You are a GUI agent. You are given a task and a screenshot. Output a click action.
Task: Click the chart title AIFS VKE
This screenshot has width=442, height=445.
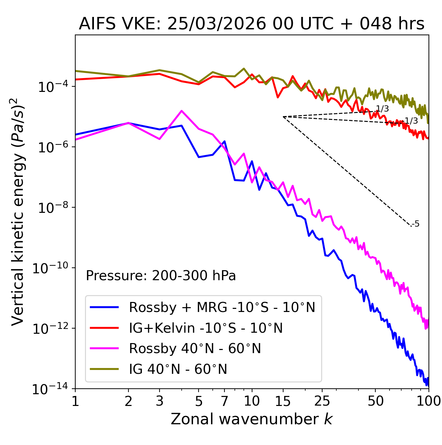click(x=251, y=24)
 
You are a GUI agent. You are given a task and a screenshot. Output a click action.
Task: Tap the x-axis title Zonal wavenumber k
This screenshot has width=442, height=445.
click(x=251, y=419)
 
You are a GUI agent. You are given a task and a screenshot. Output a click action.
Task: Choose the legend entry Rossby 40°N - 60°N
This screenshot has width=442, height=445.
click(x=195, y=349)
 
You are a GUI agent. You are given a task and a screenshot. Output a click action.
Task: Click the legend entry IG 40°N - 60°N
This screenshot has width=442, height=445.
click(x=178, y=369)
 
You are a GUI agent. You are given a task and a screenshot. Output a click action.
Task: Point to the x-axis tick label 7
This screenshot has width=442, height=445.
click(x=224, y=401)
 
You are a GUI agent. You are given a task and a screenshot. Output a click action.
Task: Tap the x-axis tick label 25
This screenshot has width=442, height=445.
click(x=322, y=401)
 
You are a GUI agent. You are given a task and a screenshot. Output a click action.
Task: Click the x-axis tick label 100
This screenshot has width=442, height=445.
click(x=428, y=401)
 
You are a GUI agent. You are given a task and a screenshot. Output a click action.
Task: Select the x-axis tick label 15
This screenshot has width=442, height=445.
click(x=283, y=401)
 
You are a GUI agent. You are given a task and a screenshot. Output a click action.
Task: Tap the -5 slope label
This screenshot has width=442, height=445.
click(x=416, y=224)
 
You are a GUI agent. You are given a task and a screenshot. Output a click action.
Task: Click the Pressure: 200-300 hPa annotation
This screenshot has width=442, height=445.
click(x=161, y=276)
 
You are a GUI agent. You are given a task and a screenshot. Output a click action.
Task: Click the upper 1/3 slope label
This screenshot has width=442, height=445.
click(x=382, y=109)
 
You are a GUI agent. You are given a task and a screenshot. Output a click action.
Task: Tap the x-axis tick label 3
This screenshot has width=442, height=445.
click(x=160, y=401)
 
